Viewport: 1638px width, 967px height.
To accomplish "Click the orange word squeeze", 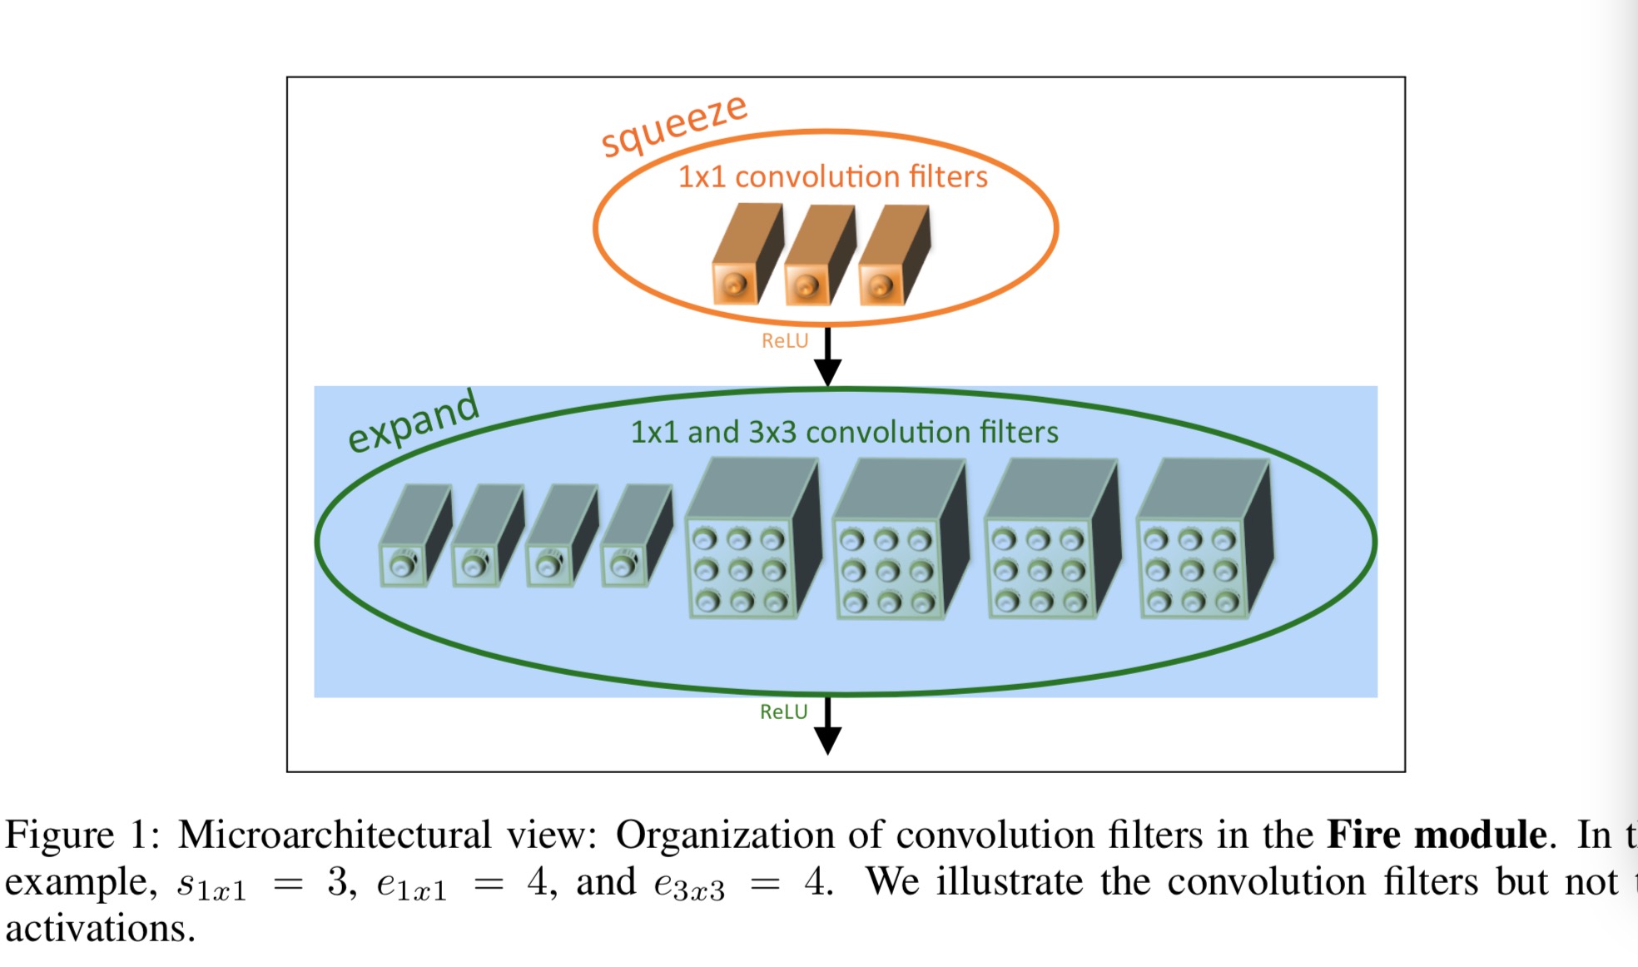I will coord(674,125).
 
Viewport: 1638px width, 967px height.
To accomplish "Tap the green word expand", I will coord(413,421).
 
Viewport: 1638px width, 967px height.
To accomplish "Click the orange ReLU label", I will coord(784,340).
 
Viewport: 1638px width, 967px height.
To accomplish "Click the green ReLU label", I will coord(783,712).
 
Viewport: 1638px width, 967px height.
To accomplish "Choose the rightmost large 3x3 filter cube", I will coord(1204,541).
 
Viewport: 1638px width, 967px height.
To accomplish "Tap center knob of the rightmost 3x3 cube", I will coord(1192,571).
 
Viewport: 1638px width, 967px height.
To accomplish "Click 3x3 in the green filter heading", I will coord(772,432).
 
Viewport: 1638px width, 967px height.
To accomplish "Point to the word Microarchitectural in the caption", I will coord(334,834).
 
